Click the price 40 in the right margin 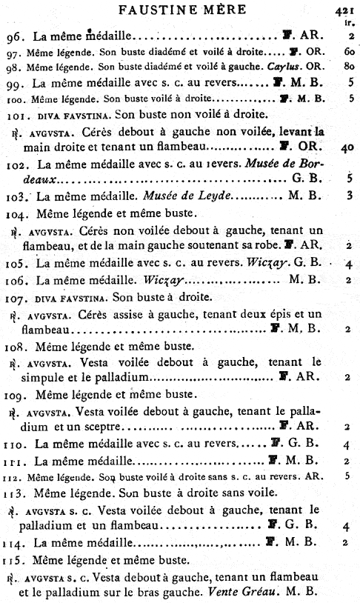pyautogui.click(x=349, y=147)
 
